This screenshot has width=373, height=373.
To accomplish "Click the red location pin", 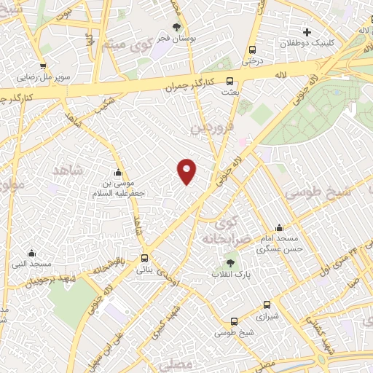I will pyautogui.click(x=187, y=170).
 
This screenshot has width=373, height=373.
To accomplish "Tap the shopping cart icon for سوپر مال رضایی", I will pyautogui.click(x=43, y=66).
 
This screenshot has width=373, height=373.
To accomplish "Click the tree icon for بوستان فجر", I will pyautogui.click(x=176, y=27).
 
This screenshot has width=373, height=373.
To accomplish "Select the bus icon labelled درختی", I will pyautogui.click(x=252, y=50).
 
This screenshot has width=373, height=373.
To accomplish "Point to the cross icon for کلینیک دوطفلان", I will pyautogui.click(x=307, y=32).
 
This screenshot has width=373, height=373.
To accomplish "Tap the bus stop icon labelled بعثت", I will pyautogui.click(x=230, y=82).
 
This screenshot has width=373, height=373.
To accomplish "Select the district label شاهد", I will pyautogui.click(x=70, y=170).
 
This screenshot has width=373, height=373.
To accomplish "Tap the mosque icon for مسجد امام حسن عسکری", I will pyautogui.click(x=279, y=228).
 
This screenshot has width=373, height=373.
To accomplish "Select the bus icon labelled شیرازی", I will pyautogui.click(x=266, y=305).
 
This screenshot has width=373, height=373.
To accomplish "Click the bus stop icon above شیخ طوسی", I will pyautogui.click(x=234, y=321).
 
